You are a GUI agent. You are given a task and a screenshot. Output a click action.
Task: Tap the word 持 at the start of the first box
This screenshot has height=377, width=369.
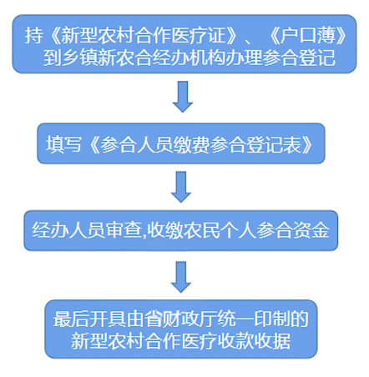point(34,36)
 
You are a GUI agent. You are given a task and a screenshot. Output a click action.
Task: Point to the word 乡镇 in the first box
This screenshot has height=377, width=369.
point(79,58)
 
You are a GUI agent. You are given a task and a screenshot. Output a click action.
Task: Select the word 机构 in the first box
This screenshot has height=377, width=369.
point(207,58)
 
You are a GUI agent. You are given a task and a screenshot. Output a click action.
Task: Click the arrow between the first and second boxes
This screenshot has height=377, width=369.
point(183,97)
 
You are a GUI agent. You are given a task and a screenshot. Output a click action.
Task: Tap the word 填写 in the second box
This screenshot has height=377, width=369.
point(63,144)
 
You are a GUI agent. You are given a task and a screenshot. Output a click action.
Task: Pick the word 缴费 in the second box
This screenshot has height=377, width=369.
point(191,144)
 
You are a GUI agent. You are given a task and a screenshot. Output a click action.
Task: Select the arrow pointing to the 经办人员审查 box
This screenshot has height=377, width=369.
point(181,187)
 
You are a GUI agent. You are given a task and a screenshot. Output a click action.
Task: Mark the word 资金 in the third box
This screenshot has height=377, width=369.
point(311,230)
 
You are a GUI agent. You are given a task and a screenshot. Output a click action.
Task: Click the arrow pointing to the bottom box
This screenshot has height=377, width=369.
point(181,277)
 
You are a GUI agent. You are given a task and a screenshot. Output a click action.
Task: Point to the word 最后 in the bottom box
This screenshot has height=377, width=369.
point(71,319)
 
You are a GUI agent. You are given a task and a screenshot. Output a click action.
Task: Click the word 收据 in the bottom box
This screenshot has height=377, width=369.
point(272,341)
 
